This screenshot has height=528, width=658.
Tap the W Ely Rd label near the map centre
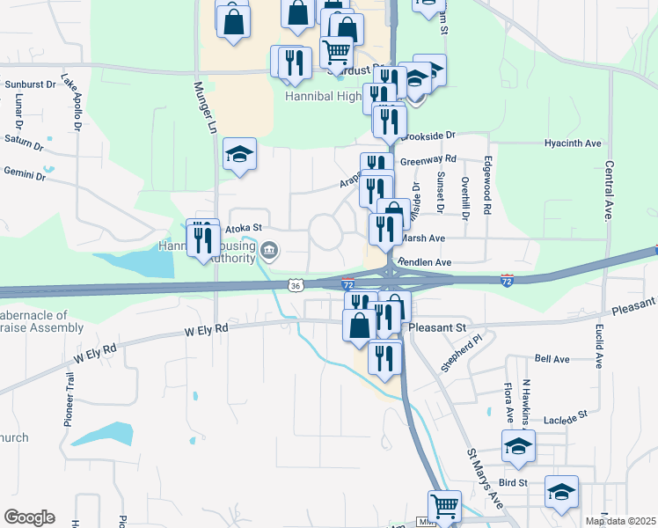point(206,329)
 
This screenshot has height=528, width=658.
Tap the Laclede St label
point(565,415)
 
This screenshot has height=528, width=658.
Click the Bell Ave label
point(552,359)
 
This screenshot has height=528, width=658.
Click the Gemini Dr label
point(24,172)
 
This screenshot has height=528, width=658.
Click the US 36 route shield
point(296,285)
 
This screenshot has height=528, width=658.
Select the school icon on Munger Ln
point(239,154)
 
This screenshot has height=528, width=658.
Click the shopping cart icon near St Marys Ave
point(444,507)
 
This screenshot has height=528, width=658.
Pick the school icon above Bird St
point(519,445)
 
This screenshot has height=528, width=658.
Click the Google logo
point(29,517)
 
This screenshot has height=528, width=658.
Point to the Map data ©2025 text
point(619,521)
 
